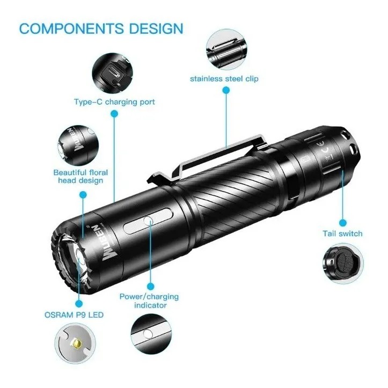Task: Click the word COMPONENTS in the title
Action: (x=71, y=28)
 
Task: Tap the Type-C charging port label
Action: (x=114, y=102)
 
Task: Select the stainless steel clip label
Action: (x=224, y=79)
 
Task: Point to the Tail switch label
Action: (x=342, y=233)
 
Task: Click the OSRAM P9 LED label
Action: (x=74, y=315)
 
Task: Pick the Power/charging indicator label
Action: (x=149, y=301)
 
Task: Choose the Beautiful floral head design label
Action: (x=80, y=176)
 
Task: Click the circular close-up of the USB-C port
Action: (x=113, y=73)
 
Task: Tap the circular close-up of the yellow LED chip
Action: (x=75, y=343)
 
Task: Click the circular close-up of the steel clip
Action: (x=226, y=49)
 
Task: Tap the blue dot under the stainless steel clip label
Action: (x=226, y=90)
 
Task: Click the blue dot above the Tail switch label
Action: (x=342, y=223)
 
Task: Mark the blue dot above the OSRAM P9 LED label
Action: (x=79, y=303)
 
